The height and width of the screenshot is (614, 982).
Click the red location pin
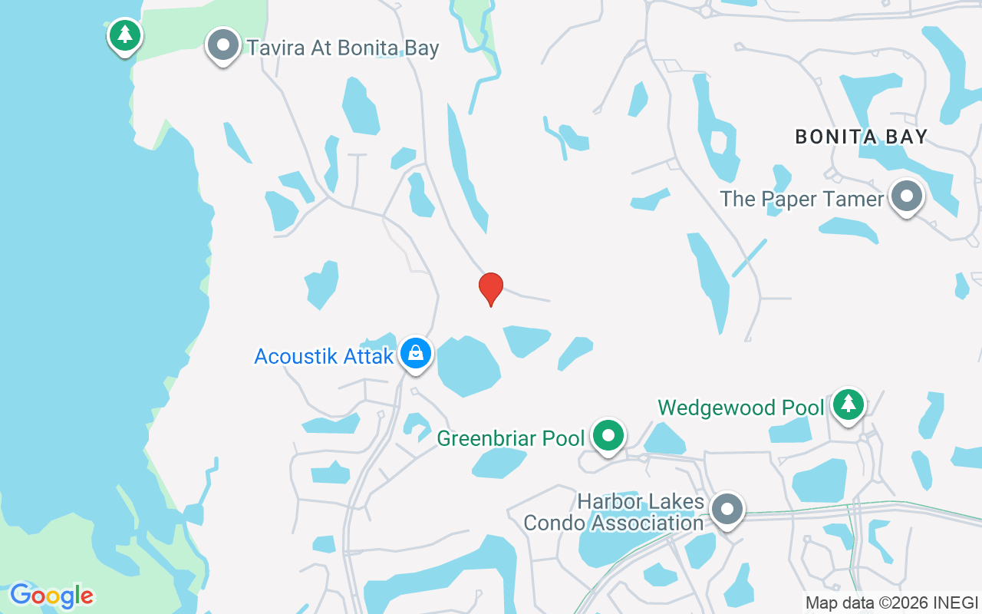(491, 288)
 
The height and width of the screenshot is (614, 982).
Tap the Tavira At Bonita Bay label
(343, 48)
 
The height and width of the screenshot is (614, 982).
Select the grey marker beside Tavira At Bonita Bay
(223, 45)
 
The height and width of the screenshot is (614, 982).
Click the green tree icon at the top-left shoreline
(125, 35)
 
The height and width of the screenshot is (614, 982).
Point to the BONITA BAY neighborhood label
(862, 137)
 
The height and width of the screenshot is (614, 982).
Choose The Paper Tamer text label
(802, 199)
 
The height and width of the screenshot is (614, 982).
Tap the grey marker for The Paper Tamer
(906, 196)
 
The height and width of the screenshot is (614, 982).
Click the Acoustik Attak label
(324, 356)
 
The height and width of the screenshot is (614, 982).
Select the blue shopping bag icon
(415, 353)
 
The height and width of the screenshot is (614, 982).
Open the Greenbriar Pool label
(511, 438)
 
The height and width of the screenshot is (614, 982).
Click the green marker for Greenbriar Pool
(608, 435)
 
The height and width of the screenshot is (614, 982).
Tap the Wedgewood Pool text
(741, 407)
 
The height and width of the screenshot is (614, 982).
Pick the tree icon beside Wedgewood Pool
(848, 403)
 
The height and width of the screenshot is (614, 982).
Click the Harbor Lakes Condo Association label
(614, 512)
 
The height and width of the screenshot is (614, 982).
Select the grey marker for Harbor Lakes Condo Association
(727, 509)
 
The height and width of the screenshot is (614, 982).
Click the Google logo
(51, 595)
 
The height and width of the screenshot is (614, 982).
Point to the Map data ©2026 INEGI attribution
(891, 602)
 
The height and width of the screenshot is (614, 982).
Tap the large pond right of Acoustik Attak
(467, 365)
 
